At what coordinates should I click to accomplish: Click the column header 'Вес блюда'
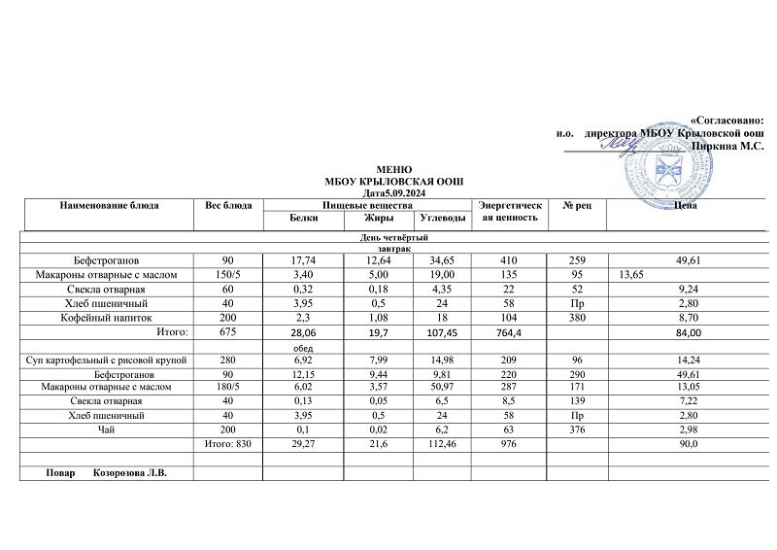click(x=230, y=206)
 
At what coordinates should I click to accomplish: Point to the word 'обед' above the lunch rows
click(x=303, y=347)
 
